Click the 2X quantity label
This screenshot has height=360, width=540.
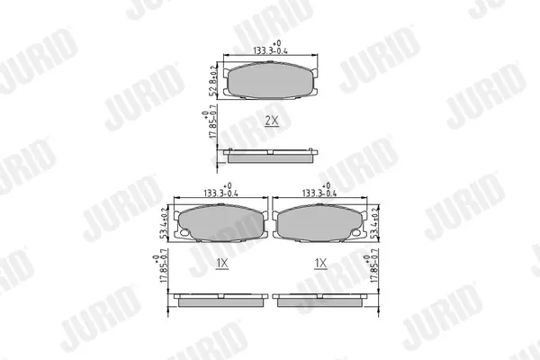pos(272,121)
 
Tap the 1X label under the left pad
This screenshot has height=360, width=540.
pos(222,264)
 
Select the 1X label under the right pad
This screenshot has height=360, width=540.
pos(320,264)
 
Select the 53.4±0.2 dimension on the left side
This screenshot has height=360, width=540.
pos(165,223)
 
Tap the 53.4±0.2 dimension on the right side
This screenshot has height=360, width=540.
pos(373,223)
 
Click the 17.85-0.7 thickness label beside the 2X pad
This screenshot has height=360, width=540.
pos(210,121)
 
